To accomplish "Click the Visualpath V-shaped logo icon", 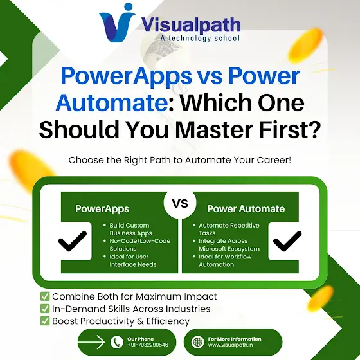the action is point(116,23).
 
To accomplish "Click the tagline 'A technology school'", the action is point(200,38).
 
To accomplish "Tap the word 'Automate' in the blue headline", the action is point(112,103).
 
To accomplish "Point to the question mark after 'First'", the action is point(313,129).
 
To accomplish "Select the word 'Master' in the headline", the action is point(214,130).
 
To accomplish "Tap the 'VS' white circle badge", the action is point(180,203).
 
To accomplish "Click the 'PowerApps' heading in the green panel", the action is point(102,209).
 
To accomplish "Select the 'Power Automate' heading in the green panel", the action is point(246,209).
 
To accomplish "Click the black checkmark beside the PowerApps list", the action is point(73,241).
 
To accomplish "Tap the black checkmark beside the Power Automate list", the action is point(287,241).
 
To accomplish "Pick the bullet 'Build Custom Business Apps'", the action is point(129,229).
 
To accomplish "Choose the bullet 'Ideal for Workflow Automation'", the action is point(222,260).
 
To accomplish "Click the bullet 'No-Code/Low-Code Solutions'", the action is point(137,245).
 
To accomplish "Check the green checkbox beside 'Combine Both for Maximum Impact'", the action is point(45,296).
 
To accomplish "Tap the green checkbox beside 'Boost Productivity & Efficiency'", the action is point(45,321).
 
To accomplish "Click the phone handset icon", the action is point(117,342).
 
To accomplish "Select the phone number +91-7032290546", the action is point(148,345).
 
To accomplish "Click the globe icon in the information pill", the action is point(197,342).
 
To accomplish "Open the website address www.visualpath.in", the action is point(231,345).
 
